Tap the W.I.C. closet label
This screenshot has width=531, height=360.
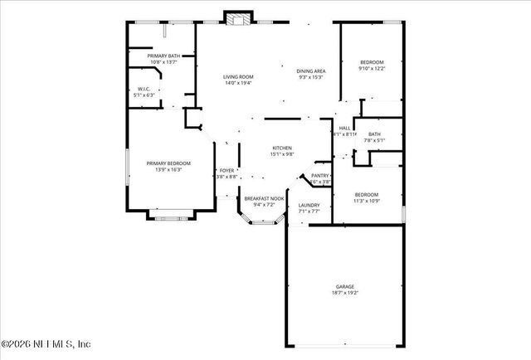click(144, 90)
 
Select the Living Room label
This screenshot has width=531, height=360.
click(237, 76)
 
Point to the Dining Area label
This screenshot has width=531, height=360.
click(311, 71)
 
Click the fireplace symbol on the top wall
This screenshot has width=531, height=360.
click(239, 18)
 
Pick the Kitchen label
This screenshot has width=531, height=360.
click(282, 148)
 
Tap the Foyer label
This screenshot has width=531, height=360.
click(227, 170)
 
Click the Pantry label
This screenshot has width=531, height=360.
click(320, 176)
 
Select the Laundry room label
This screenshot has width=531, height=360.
click(309, 205)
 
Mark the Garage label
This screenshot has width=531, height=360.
click(345, 287)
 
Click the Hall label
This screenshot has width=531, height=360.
click(344, 128)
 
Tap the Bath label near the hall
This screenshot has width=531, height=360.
click(375, 134)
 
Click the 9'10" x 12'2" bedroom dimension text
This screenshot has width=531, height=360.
click(371, 69)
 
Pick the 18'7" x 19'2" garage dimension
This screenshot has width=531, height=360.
click(345, 293)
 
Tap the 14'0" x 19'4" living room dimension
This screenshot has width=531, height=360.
click(237, 82)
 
